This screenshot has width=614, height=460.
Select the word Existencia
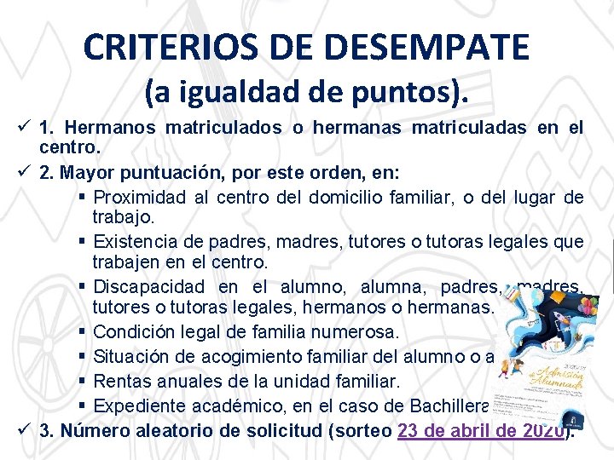(137, 243)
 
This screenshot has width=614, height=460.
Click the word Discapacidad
(149, 286)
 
